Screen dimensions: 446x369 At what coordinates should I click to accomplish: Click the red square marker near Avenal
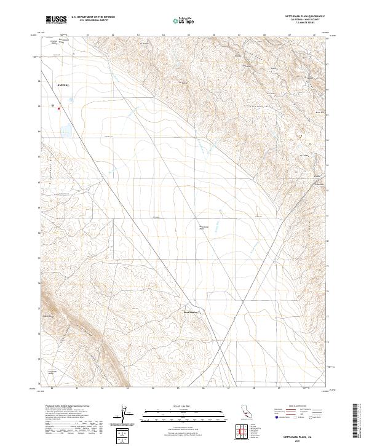(x=59, y=109)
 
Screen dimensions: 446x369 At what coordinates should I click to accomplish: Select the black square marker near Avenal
(x=52, y=105)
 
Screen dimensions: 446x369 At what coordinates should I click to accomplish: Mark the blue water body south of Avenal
(x=63, y=129)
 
